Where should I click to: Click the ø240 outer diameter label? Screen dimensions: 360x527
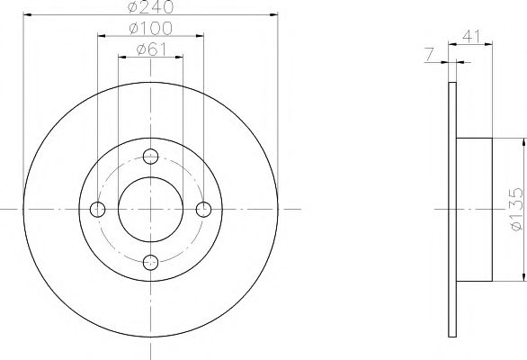coord(150,7)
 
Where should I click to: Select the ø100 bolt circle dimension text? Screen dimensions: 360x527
coord(150,30)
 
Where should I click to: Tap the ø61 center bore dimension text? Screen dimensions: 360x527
coord(150,49)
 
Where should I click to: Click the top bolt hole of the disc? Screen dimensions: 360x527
coord(151,155)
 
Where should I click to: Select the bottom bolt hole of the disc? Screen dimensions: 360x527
coord(151,262)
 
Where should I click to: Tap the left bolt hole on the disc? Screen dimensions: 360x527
coord(98,209)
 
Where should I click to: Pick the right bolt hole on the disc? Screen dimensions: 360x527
coord(204,209)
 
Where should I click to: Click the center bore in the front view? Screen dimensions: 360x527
coord(151,209)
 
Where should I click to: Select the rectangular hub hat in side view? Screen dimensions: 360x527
coord(475,209)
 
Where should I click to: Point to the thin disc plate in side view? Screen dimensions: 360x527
coord(453,209)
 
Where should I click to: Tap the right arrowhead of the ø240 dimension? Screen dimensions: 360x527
coord(272,15)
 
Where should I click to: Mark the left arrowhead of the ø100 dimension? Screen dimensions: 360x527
coord(101,37)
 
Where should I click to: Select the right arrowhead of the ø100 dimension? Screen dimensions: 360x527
coord(201,37)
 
